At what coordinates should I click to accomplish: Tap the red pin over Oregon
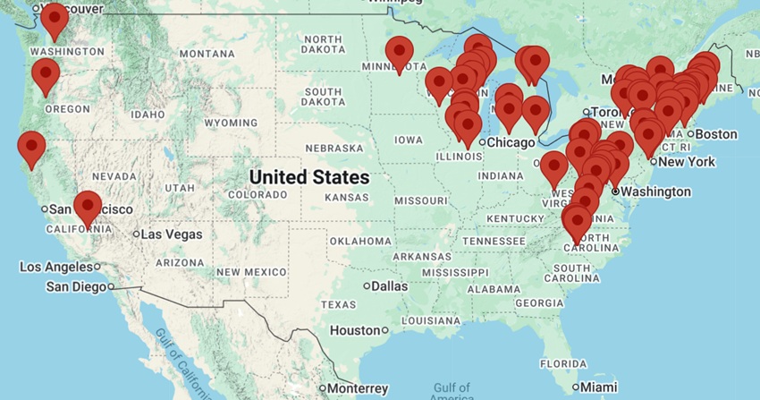45,76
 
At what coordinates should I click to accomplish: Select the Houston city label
355,330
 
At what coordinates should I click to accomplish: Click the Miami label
598,387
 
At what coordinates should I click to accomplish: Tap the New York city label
688,162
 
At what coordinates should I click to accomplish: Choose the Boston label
716,134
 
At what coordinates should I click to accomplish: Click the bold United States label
309,177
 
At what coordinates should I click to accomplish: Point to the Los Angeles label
55,267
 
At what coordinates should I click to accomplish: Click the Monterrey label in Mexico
357,388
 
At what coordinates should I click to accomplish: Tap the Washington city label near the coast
656,191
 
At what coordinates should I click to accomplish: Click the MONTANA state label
207,54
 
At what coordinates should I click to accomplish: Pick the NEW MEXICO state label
251,272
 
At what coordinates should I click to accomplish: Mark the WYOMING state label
231,123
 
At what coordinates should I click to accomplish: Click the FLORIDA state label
563,364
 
